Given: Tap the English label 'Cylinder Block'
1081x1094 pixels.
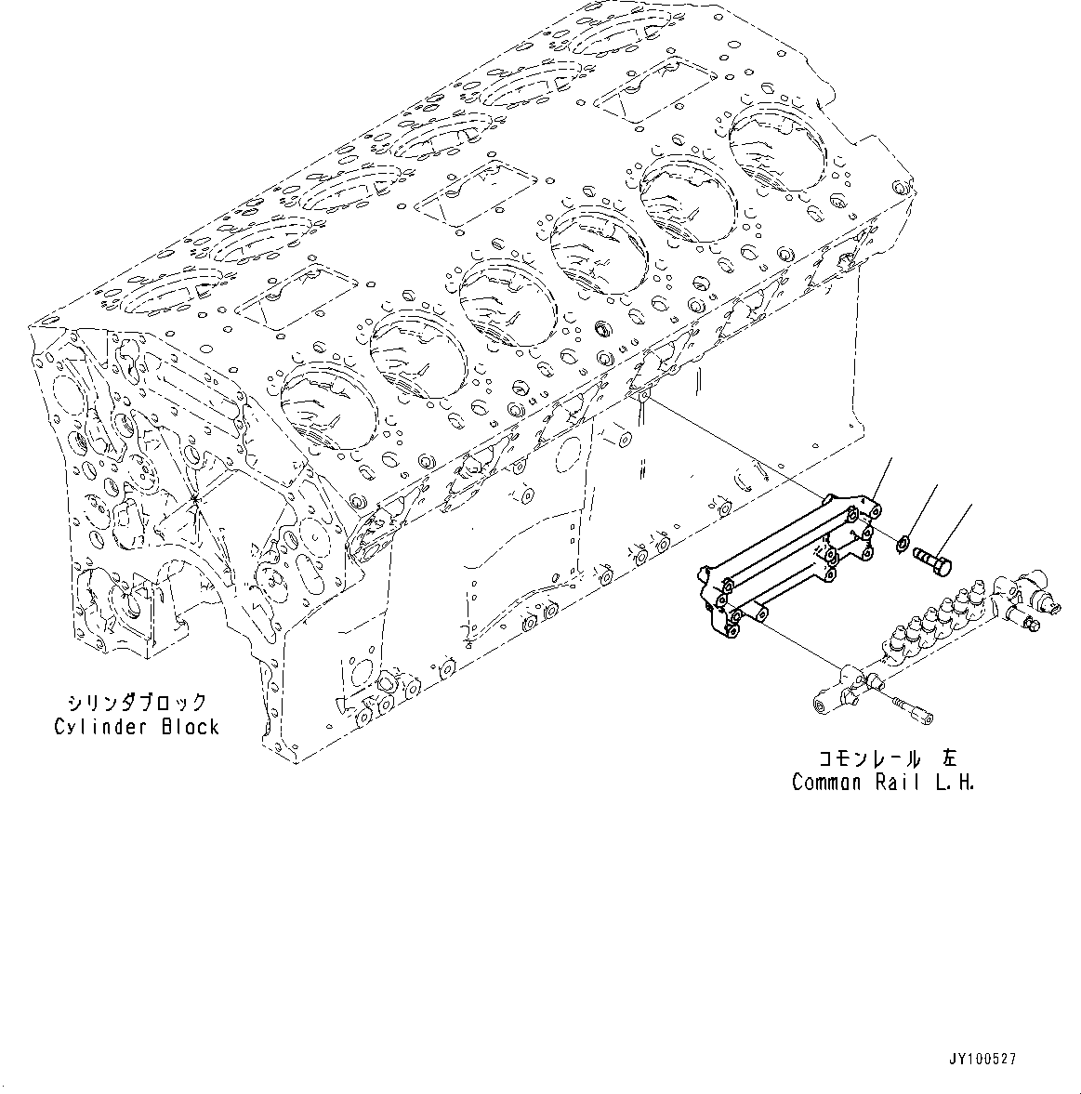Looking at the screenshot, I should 136,726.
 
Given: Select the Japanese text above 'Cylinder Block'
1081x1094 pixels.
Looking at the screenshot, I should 136,703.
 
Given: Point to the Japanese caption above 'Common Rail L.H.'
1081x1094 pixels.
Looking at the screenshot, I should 883,758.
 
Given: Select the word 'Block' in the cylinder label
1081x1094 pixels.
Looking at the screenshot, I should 190,726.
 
